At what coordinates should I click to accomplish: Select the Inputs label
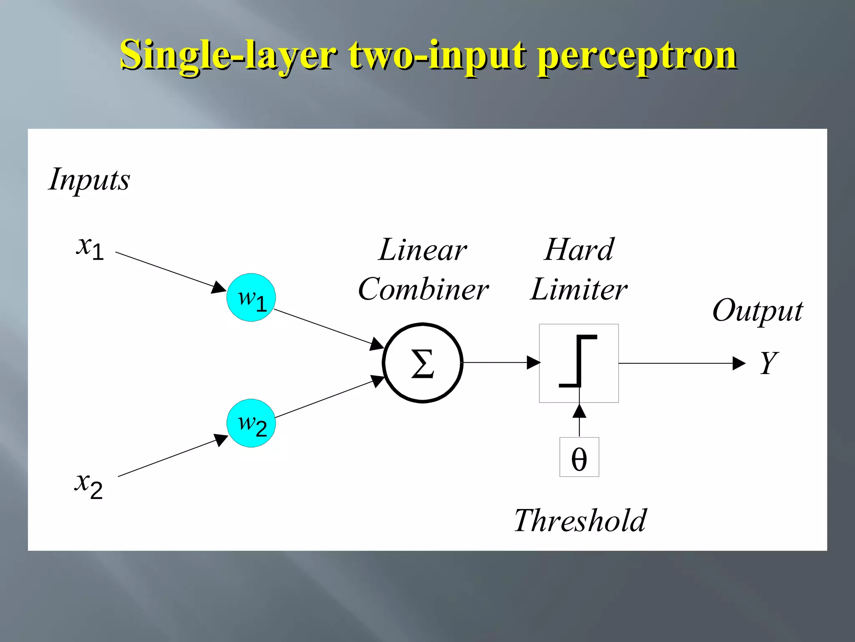tap(89, 180)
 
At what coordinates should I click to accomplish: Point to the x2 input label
tap(89, 485)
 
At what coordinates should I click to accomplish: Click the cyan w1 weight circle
tap(251, 298)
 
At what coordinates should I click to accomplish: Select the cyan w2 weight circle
tap(251, 423)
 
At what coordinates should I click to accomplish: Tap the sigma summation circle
tap(422, 363)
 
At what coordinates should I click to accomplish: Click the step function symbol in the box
tap(579, 361)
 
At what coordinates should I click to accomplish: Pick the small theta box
tap(579, 457)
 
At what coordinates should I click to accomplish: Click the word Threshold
tap(580, 521)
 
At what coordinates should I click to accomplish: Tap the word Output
tap(757, 311)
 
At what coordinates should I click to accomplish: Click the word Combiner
tap(423, 289)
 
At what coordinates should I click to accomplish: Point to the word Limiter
tap(579, 289)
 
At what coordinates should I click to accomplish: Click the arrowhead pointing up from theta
tap(579, 412)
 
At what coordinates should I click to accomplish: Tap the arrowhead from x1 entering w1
tap(218, 288)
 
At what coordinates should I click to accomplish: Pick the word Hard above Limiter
tap(579, 250)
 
